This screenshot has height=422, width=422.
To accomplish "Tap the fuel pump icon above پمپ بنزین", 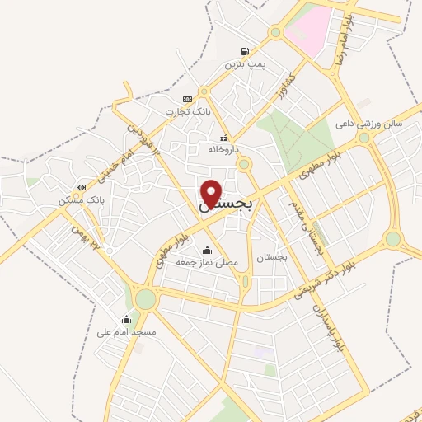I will coord(244,51).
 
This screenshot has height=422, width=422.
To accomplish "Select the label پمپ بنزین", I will coord(244,63).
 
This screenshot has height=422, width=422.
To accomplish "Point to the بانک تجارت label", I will coord(187,111).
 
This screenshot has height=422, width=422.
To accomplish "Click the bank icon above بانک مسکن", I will coord(80,187).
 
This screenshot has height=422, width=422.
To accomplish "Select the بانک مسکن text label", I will coord(80,200).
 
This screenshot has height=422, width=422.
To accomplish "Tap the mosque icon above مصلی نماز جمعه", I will coord(206,250).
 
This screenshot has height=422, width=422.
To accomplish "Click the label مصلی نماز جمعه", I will coord(206,262).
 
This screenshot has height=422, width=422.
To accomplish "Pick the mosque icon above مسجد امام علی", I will coord(126,319).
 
